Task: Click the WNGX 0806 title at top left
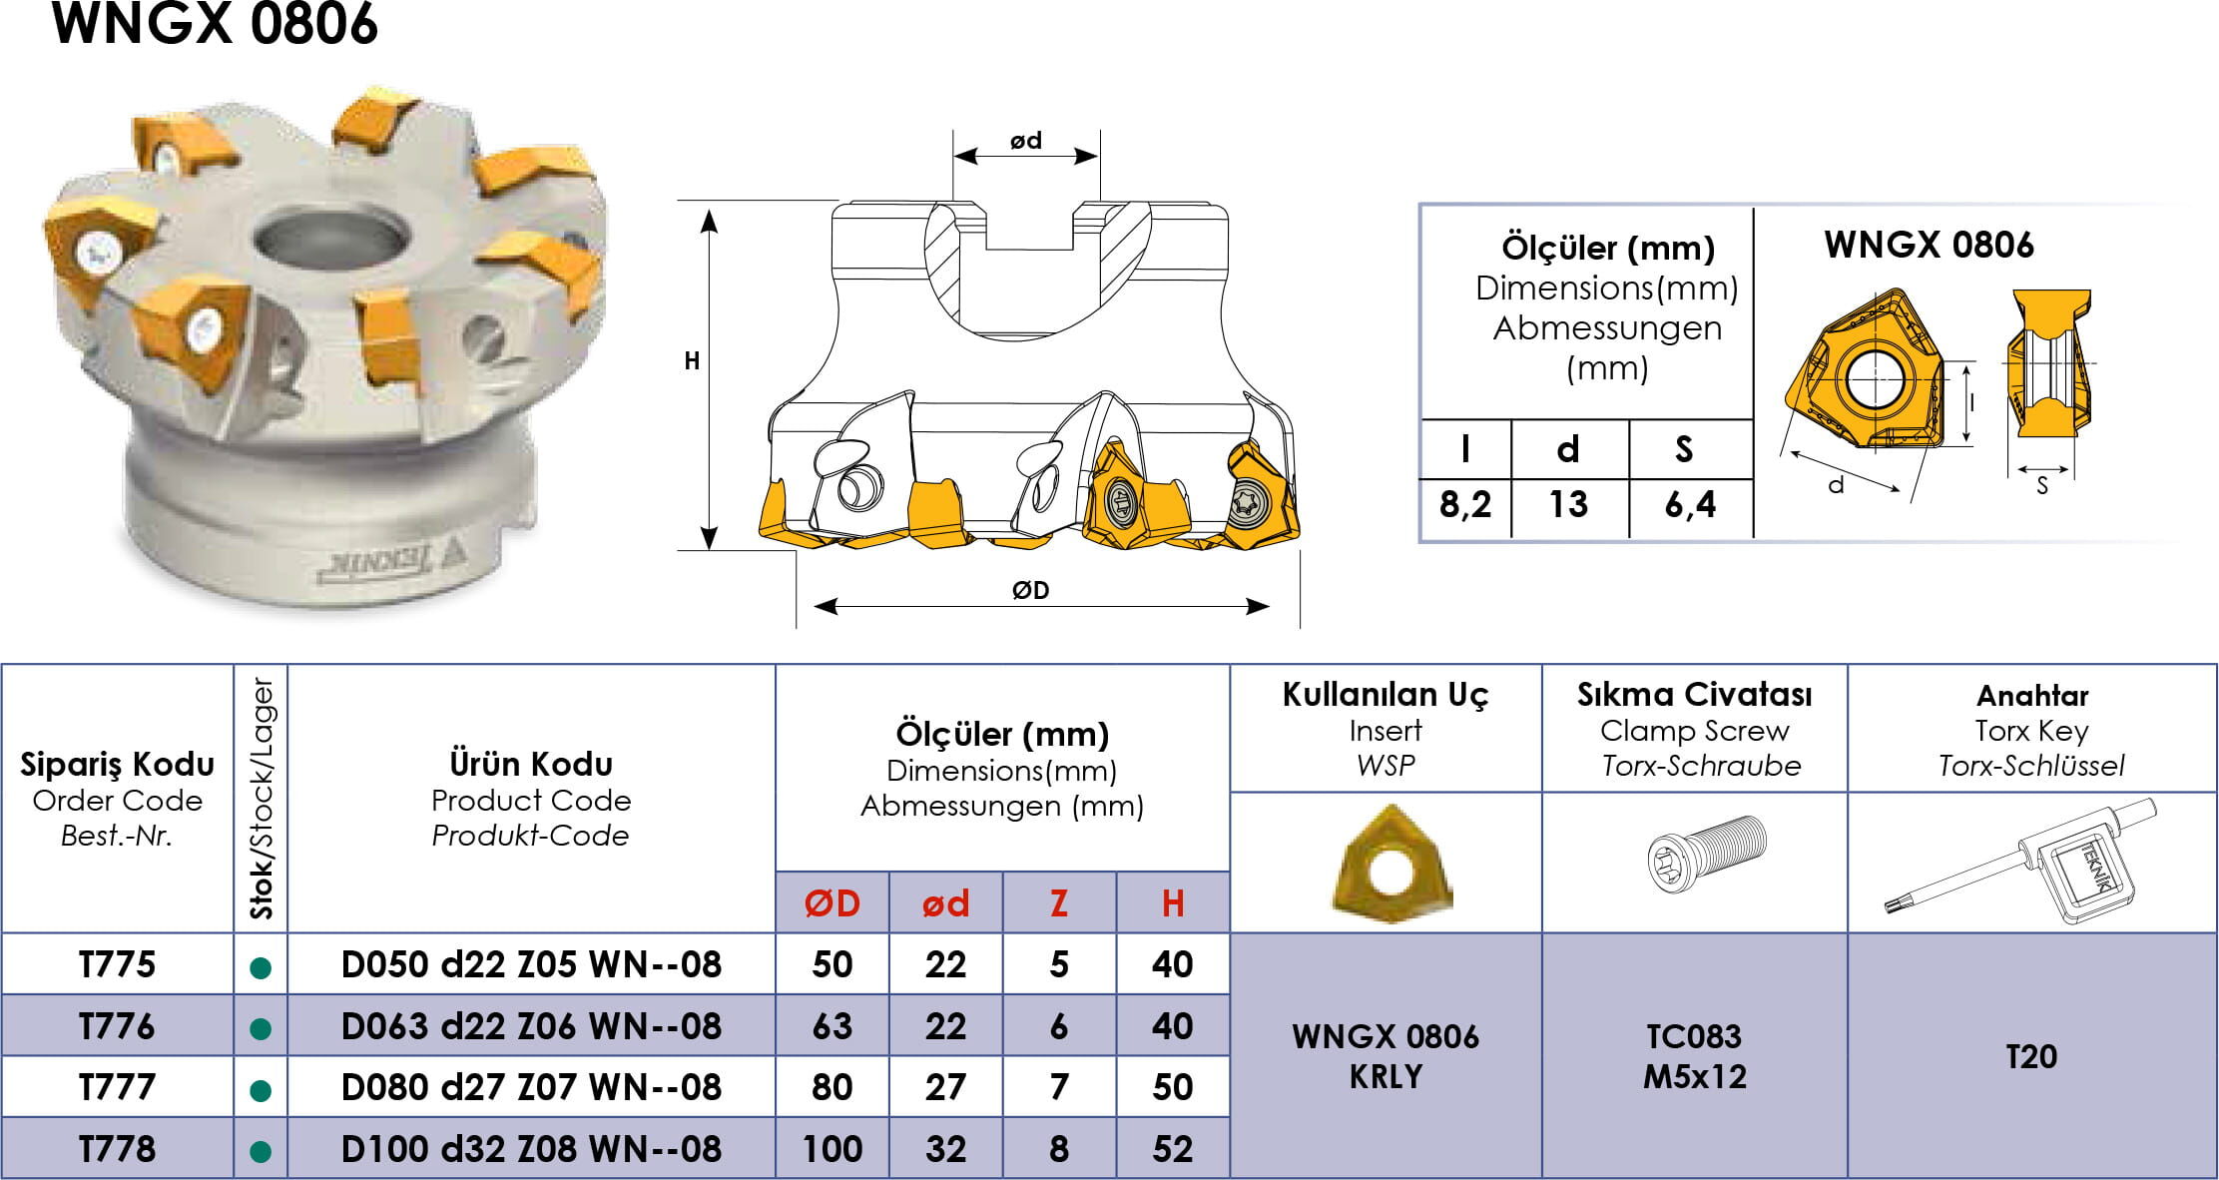tap(215, 24)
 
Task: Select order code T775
tap(118, 964)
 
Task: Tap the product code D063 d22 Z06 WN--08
tap(531, 1026)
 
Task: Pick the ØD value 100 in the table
tap(832, 1149)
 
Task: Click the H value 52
tap(1173, 1149)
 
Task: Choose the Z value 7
tap(1059, 1087)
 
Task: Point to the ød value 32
tap(945, 1149)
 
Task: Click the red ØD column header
tap(832, 903)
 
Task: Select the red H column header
tap(1173, 903)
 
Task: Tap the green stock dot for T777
tap(261, 1090)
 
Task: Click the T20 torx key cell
tap(2031, 1056)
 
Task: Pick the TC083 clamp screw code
tap(1694, 1036)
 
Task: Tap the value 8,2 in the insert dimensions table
tap(1465, 505)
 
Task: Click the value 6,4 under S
tap(1690, 505)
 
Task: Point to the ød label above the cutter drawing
tap(1026, 141)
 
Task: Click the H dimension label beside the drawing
tap(692, 361)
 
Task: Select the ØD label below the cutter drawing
tap(1031, 590)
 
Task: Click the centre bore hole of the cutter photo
tap(332, 240)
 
